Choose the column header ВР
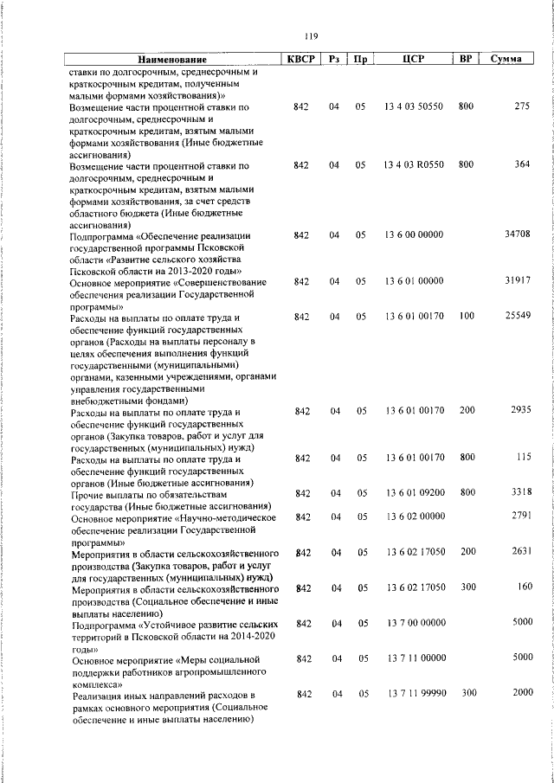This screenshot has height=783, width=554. coord(466,60)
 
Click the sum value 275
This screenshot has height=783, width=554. coord(521,106)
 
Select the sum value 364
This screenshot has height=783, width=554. coord(521,164)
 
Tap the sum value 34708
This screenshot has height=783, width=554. coord(517,234)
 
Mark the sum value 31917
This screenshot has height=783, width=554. coord(517,281)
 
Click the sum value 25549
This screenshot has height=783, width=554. coord(517,317)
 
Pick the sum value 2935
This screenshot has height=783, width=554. coord(519,410)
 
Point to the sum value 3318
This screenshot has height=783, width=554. coord(519,492)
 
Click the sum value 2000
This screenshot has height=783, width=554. coord(519,693)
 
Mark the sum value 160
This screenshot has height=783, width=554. coord(522,587)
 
